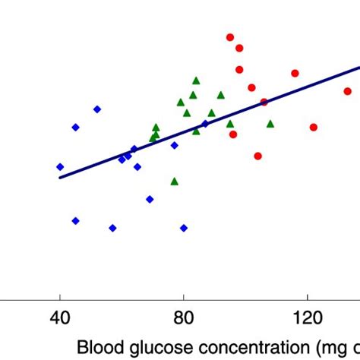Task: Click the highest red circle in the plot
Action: coord(230,37)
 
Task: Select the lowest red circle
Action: coord(258,156)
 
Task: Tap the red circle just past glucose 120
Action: coord(313,127)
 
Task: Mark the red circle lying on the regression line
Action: coord(264,102)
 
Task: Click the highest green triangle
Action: coord(196,80)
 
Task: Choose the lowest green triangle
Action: coord(175,181)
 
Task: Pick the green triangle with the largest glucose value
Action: coord(270,123)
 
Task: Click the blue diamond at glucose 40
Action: coord(60,167)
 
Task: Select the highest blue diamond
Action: coord(97,109)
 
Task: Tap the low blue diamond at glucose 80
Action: coord(184,228)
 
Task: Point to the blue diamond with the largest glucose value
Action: coord(205,124)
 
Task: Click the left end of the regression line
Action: coord(60,178)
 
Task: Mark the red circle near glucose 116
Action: coord(295,73)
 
